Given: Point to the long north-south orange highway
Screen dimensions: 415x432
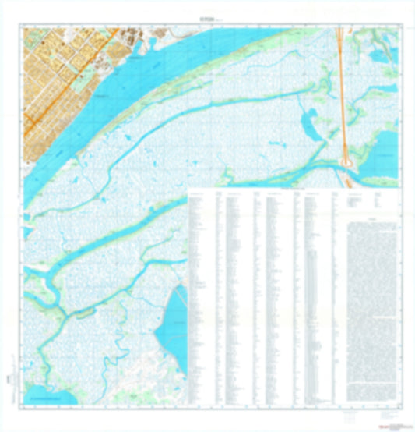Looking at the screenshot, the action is [x=340, y=86].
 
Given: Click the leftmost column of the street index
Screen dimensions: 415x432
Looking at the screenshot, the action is [x=202, y=304].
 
